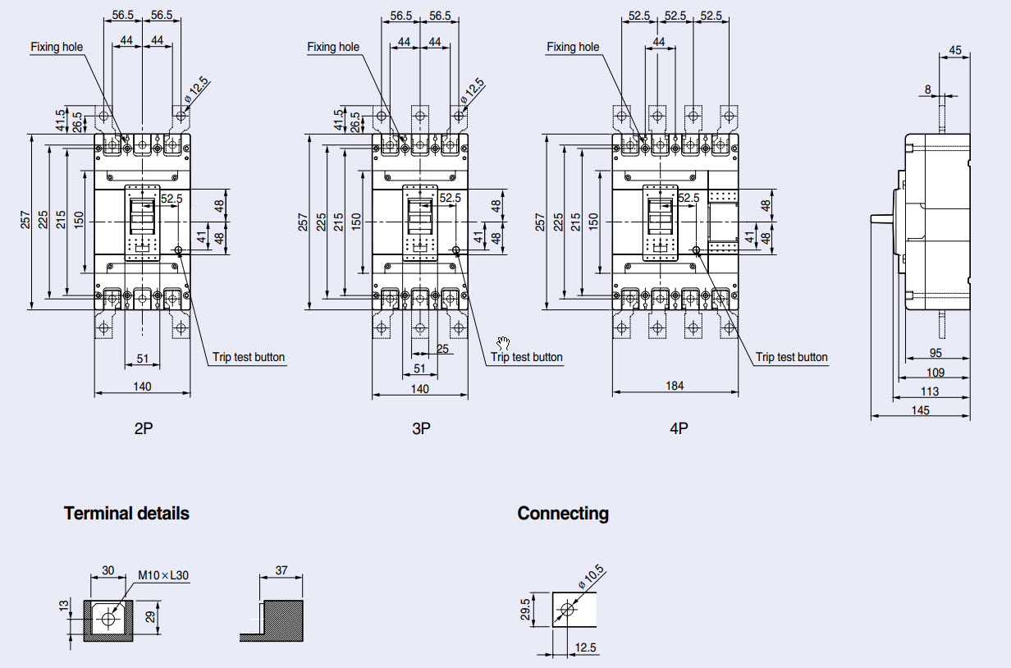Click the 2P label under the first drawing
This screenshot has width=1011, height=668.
point(144,428)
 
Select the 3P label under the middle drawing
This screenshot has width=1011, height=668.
point(420,428)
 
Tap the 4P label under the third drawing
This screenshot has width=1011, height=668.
point(678,428)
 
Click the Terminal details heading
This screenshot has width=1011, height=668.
point(126,514)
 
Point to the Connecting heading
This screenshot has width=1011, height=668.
point(563,514)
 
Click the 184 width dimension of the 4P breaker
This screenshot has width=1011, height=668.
point(675,386)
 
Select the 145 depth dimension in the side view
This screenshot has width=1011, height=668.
point(920,410)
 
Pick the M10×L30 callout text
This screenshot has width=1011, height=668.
point(163,575)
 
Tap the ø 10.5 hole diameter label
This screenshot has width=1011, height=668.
point(590,577)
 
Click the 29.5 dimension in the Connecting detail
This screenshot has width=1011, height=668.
point(525,611)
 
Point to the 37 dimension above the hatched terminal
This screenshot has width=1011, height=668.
point(281,570)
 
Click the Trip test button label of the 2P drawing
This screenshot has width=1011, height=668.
point(249,357)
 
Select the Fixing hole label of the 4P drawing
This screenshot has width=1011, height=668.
point(573,47)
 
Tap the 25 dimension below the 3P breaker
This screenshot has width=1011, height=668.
point(443,349)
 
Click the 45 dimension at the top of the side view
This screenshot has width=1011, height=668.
point(955,50)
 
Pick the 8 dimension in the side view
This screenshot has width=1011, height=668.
point(927,89)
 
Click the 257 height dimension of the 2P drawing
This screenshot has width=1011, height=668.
point(26,221)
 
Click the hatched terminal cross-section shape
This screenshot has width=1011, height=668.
point(283,621)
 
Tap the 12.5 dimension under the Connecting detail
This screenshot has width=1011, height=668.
point(586,648)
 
